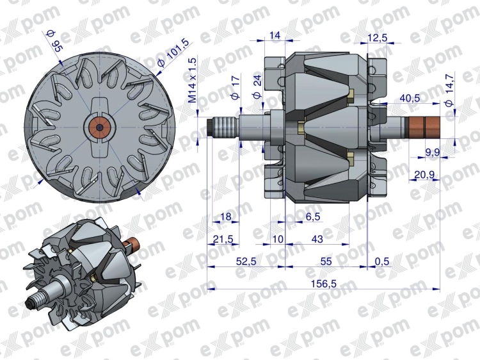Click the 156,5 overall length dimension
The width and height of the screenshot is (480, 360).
click(324, 284)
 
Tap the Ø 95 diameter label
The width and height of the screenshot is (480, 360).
click(53, 41)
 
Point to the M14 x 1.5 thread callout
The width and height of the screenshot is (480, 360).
click(193, 80)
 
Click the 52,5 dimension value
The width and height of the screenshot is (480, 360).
click(246, 261)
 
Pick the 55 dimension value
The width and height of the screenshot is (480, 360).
click(326, 261)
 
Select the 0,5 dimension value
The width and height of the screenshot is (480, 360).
click(381, 261)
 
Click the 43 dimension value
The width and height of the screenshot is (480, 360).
click(317, 239)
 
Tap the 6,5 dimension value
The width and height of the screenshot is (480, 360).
click(313, 217)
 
